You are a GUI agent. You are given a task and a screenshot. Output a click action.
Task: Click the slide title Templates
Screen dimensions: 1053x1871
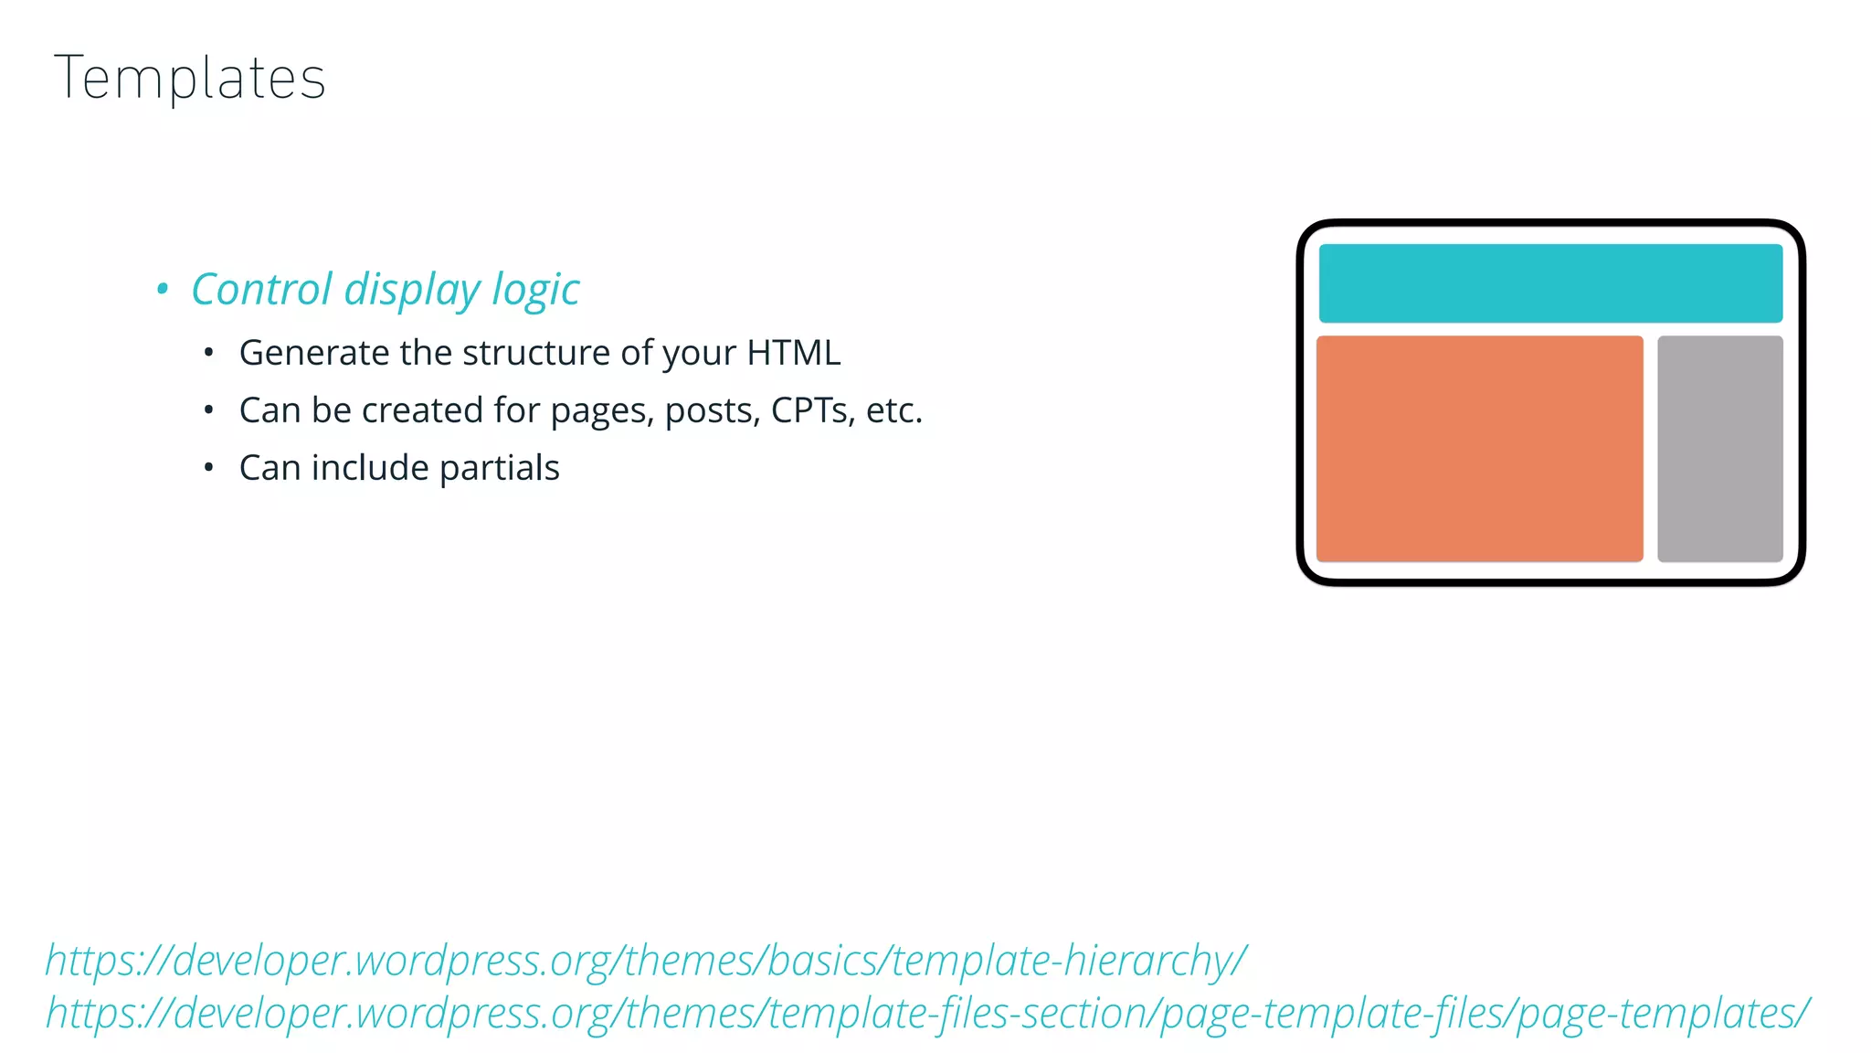click(x=190, y=79)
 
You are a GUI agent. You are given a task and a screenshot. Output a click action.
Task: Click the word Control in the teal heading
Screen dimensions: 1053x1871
click(x=261, y=290)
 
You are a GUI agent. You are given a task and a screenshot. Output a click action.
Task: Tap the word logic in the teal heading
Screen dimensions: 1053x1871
click(x=535, y=292)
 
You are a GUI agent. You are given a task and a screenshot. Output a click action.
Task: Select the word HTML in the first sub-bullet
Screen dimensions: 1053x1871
click(x=793, y=353)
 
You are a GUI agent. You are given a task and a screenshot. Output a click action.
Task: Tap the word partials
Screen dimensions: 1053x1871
click(x=499, y=469)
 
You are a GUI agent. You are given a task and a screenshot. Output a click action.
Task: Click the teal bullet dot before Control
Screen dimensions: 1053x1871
click(x=163, y=290)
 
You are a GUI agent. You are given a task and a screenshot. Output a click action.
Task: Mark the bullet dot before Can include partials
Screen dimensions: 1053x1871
click(x=209, y=468)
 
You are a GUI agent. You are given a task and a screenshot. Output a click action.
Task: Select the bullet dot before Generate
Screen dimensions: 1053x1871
click(x=209, y=353)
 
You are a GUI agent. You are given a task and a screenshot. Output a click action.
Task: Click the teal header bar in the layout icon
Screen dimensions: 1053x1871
click(x=1550, y=283)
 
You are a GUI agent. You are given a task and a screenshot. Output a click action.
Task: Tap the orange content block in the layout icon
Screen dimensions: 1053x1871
click(x=1479, y=449)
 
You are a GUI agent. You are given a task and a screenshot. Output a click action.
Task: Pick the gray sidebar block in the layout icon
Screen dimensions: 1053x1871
click(x=1719, y=449)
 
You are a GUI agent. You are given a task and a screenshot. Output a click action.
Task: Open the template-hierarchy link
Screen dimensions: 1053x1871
click(x=646, y=961)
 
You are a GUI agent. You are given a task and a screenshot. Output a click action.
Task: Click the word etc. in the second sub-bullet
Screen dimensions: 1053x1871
click(x=893, y=410)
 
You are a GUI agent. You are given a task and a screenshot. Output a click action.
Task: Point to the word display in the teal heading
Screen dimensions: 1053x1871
click(x=412, y=292)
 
